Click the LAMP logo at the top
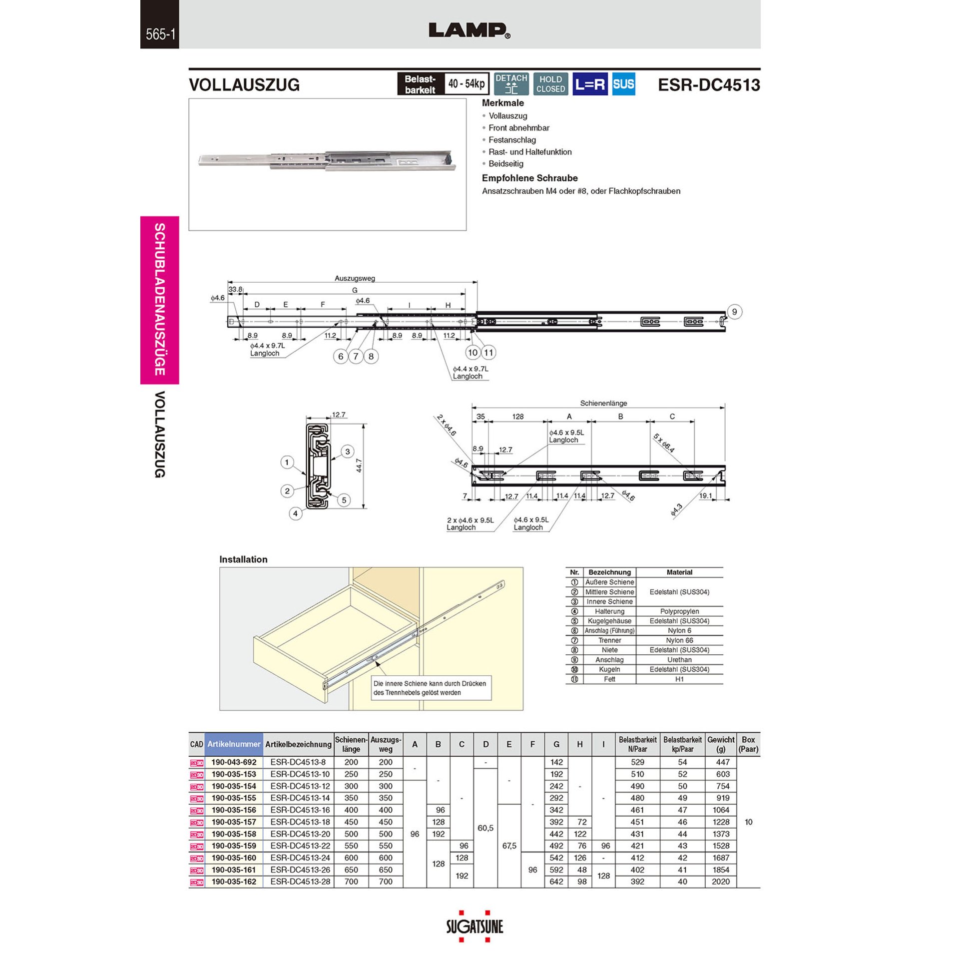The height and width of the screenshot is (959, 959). tap(469, 30)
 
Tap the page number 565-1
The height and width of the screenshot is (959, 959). tap(160, 34)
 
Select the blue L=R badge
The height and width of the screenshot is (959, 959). tap(589, 84)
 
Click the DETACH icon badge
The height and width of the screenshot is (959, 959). tap(511, 84)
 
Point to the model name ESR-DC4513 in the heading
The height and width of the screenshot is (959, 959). tap(708, 85)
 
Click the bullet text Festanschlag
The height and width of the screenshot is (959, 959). tap(512, 140)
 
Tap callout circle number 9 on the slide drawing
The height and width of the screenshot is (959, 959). tap(734, 312)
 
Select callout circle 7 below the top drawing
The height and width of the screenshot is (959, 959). tap(356, 356)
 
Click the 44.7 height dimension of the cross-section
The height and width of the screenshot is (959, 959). tap(359, 466)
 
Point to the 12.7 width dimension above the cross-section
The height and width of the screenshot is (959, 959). tap(338, 415)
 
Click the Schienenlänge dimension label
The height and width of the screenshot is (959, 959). tap(603, 403)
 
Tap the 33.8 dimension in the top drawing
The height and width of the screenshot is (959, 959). tap(235, 289)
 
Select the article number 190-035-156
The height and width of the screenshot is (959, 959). tap(234, 810)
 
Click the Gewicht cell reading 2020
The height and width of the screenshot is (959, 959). tap(720, 882)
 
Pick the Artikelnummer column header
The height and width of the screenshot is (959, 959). tap(234, 744)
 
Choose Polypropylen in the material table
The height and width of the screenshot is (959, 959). tap(679, 611)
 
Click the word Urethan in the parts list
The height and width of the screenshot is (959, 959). tap(679, 660)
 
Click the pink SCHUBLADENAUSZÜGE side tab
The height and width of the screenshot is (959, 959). tap(160, 300)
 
